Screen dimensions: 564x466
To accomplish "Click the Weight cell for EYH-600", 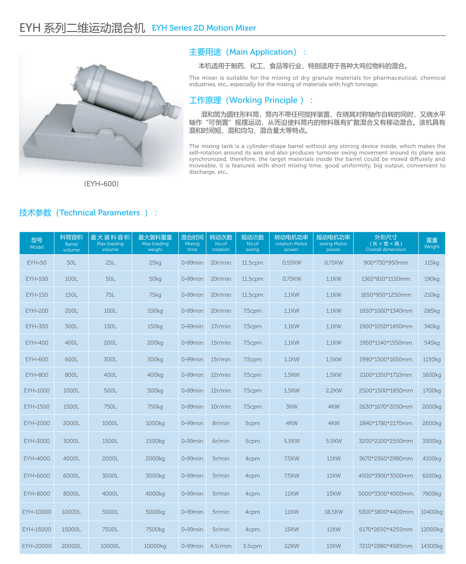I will click(x=432, y=359).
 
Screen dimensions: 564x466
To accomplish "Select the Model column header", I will click(x=37, y=243).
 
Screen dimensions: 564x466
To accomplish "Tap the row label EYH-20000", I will click(x=37, y=546).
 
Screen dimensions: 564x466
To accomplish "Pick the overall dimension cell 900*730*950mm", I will click(x=386, y=263).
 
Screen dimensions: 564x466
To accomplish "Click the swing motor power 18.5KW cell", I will click(x=333, y=512).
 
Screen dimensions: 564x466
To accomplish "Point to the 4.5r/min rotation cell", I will click(x=221, y=546).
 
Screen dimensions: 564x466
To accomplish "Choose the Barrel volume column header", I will click(x=71, y=243).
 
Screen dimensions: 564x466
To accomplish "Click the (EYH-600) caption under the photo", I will click(x=101, y=184).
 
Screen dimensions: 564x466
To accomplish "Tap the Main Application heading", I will click(x=247, y=52).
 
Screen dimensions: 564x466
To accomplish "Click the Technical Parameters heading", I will click(x=88, y=213).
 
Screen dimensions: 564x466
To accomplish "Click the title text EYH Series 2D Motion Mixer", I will click(x=204, y=28).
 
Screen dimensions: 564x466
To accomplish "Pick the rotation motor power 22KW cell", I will click(x=291, y=546).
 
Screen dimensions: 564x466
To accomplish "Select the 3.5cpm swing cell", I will click(x=252, y=546).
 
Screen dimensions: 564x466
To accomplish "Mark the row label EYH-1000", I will click(x=37, y=391).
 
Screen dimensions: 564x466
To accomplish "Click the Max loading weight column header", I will click(x=155, y=243).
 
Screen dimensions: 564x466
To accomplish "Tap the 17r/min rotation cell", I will click(x=221, y=326).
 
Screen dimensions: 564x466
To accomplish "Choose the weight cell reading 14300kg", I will click(x=432, y=546).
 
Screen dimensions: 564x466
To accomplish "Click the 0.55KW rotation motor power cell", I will click(x=291, y=263).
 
